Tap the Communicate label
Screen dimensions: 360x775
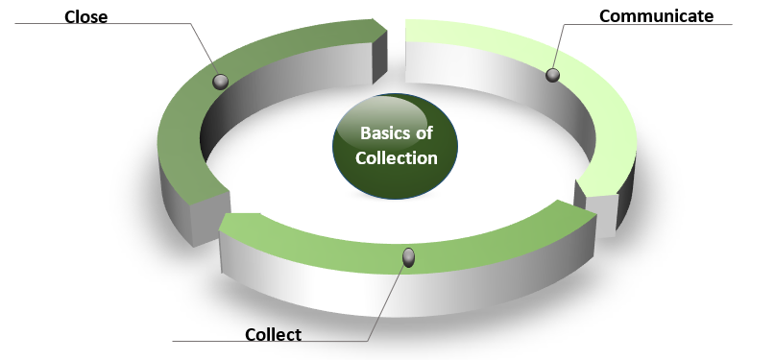[656, 16]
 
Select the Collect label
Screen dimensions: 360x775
[273, 334]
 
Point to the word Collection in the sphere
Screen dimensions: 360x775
[397, 158]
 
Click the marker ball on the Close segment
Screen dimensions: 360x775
[221, 83]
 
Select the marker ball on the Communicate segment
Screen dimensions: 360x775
[552, 74]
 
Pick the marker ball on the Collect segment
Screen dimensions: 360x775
[408, 256]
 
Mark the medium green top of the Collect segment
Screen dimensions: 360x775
[480, 240]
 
